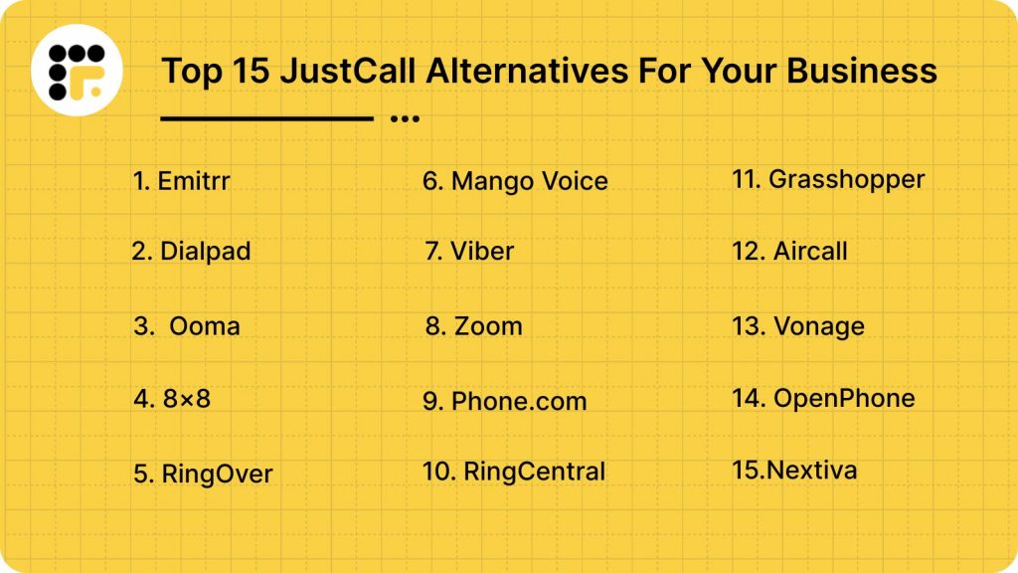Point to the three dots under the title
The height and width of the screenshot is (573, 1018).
tap(405, 118)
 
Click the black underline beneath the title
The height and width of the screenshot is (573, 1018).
tap(266, 118)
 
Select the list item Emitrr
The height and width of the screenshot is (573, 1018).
tap(182, 181)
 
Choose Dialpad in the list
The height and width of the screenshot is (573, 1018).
tap(191, 252)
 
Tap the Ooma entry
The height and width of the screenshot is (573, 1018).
tap(189, 326)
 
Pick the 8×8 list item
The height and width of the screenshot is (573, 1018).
tap(173, 400)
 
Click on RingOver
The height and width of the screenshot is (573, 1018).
tap(203, 475)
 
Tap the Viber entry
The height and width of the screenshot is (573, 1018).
tap(469, 252)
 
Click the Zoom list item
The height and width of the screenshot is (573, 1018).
tap(474, 326)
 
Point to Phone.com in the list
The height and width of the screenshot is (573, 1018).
tap(505, 401)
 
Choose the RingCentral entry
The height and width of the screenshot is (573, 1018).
tap(514, 472)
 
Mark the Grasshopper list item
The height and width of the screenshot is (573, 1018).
tap(828, 180)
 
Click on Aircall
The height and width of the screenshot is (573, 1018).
tap(790, 252)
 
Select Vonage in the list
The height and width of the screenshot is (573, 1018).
tap(798, 326)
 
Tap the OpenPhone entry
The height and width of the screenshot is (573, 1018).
tap(823, 399)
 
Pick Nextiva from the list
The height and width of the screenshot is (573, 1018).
tap(794, 470)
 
